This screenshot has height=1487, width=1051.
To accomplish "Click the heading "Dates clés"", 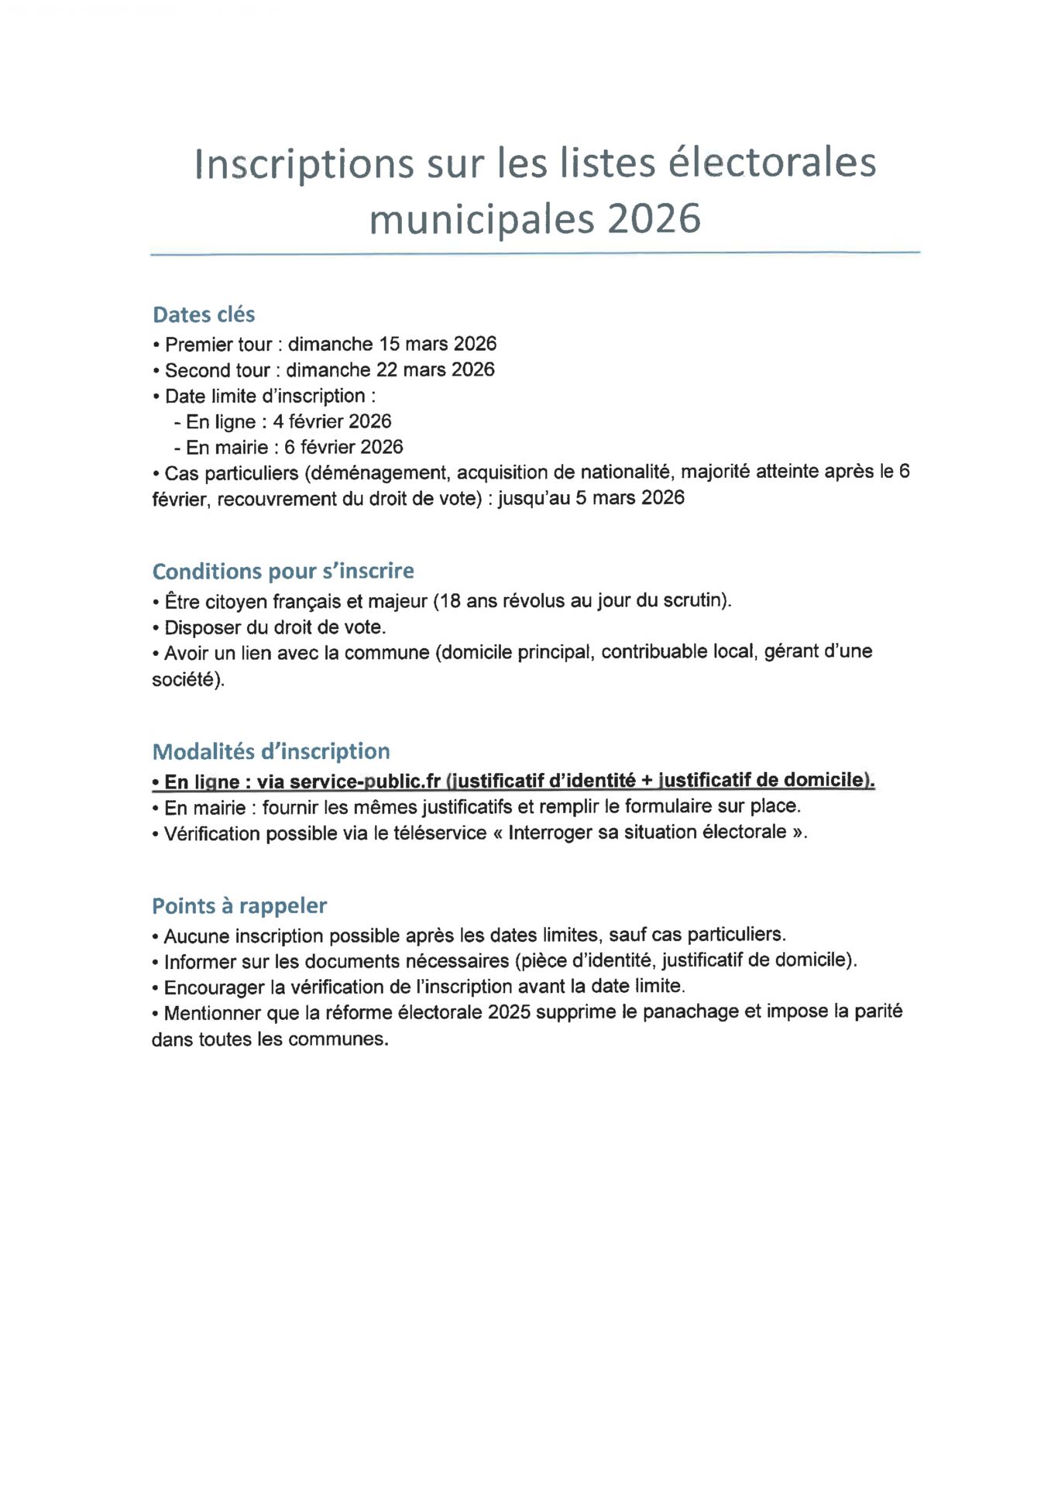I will (204, 314).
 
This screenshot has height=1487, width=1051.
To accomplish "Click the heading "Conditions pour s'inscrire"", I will (283, 571).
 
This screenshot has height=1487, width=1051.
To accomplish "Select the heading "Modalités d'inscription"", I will (271, 751).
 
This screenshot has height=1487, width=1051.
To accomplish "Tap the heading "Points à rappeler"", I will (239, 905).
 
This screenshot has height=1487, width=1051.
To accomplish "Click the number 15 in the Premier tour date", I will (389, 344).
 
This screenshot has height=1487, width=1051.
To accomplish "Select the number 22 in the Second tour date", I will (386, 369).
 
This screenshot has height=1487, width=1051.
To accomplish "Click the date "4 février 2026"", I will (331, 421).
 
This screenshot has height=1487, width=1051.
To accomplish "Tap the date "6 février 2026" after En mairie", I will (344, 447).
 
